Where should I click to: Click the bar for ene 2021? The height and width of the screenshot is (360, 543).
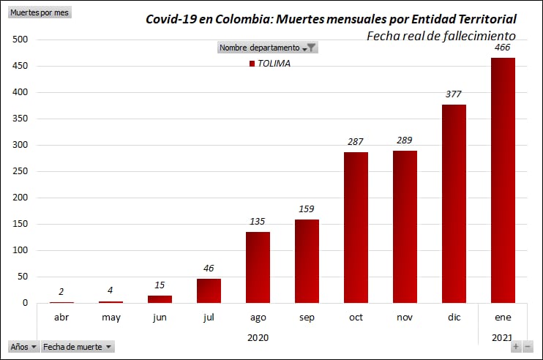[503, 180]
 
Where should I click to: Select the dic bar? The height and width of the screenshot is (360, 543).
[454, 203]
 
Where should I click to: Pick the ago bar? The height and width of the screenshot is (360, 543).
[258, 267]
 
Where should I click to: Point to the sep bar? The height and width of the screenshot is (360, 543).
[307, 261]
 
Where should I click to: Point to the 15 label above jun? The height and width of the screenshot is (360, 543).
[160, 285]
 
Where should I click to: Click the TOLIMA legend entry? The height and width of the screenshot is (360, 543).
[270, 64]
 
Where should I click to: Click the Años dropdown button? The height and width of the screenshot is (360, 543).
[24, 347]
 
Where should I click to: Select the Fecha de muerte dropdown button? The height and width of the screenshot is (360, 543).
[78, 347]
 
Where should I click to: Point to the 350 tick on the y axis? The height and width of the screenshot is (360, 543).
[20, 119]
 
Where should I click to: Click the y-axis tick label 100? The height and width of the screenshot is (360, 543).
[20, 250]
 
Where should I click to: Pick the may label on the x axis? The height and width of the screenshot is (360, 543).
[111, 317]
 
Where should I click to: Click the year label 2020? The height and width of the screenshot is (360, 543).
[258, 337]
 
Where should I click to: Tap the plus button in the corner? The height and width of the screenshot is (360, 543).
[516, 347]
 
